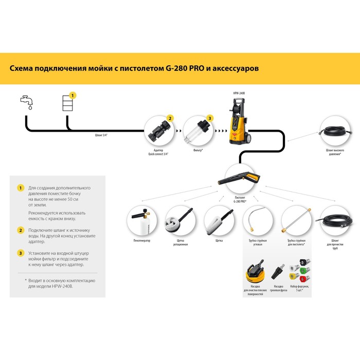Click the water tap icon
click(26, 100)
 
